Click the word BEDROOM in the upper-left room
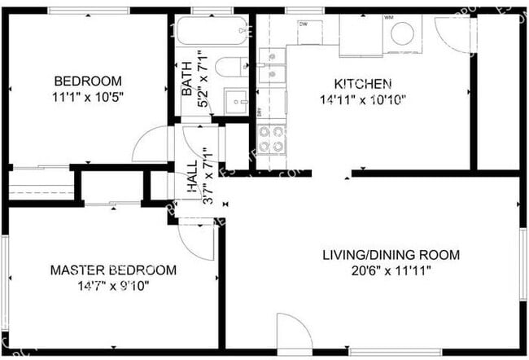pyautogui.click(x=88, y=81)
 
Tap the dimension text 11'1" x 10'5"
pyautogui.click(x=88, y=96)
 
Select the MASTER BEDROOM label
pyautogui.click(x=112, y=270)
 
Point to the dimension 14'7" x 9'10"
pyautogui.click(x=112, y=286)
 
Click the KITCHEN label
pyautogui.click(x=364, y=84)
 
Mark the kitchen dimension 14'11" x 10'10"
pyautogui.click(x=364, y=99)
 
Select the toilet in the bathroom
pyautogui.click(x=231, y=68)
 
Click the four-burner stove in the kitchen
pyautogui.click(x=272, y=139)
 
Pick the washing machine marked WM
pyautogui.click(x=401, y=33)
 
